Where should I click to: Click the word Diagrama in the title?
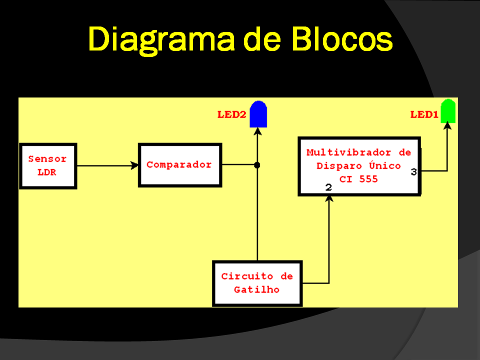click(161, 40)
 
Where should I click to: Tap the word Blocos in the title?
click(342, 38)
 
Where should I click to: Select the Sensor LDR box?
click(48, 166)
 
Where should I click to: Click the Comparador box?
click(180, 165)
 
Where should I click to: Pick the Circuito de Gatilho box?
click(257, 283)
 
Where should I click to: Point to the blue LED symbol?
click(258, 114)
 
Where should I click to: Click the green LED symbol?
click(448, 111)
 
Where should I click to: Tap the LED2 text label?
click(231, 114)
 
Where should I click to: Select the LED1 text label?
click(424, 114)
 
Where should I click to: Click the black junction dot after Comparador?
click(257, 165)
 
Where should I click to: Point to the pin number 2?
click(328, 187)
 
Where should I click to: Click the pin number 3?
click(414, 172)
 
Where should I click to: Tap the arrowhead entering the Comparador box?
click(134, 165)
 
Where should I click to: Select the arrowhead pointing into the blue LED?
click(258, 131)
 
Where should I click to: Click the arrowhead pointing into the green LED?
click(447, 125)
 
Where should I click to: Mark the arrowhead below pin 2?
click(329, 199)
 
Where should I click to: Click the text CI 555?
click(358, 179)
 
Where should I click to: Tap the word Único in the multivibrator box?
click(385, 165)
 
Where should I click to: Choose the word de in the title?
click(262, 39)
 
